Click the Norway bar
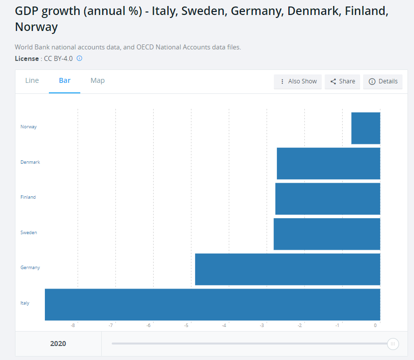pyautogui.click(x=366, y=128)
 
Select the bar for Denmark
pyautogui.click(x=328, y=163)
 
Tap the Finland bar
pyautogui.click(x=328, y=199)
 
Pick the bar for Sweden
pyautogui.click(x=327, y=234)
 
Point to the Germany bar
pyautogui.click(x=287, y=269)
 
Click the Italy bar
pyautogui.click(x=212, y=304)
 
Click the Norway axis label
pyautogui.click(x=28, y=127)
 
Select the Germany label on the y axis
pyautogui.click(x=30, y=268)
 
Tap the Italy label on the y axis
pyautogui.click(x=25, y=303)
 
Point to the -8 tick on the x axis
pyautogui.click(x=73, y=326)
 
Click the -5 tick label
pyautogui.click(x=186, y=326)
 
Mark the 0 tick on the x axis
pyautogui.click(x=376, y=326)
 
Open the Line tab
pyautogui.click(x=32, y=81)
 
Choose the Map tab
pyautogui.click(x=98, y=81)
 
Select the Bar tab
pyautogui.click(x=65, y=81)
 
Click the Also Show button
pyautogui.click(x=298, y=81)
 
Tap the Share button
pyautogui.click(x=343, y=81)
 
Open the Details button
pyautogui.click(x=383, y=81)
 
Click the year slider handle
pyautogui.click(x=393, y=344)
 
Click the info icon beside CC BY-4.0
pyautogui.click(x=79, y=58)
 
